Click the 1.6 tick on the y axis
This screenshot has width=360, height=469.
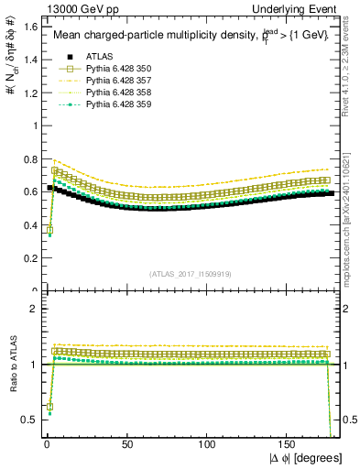tap(29, 27)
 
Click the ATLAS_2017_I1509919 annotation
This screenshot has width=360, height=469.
tap(190, 273)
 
